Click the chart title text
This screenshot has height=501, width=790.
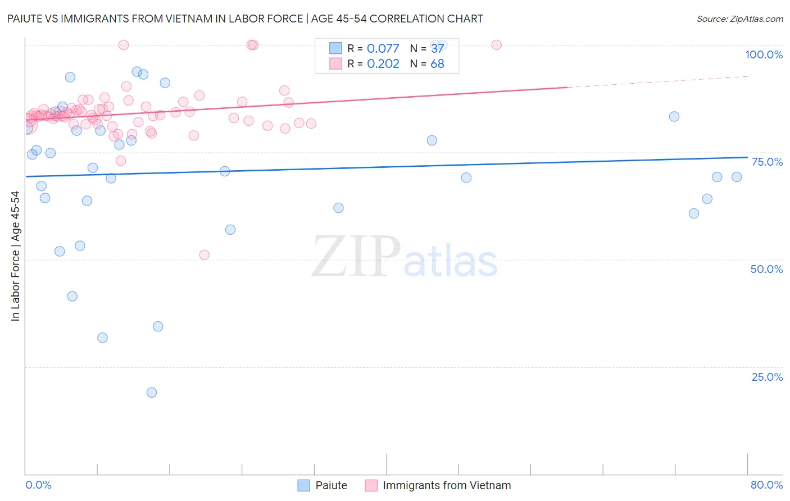[245, 19]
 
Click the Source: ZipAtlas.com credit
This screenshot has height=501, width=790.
[739, 19]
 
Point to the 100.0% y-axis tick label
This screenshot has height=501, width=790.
[764, 54]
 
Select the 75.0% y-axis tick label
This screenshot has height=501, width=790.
[767, 162]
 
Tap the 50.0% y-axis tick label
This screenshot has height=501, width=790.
[766, 269]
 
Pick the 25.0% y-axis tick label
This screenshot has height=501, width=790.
[767, 377]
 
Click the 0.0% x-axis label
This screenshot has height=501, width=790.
[38, 485]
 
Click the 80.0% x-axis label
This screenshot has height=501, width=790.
[766, 485]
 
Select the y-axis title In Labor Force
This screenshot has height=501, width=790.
[15, 256]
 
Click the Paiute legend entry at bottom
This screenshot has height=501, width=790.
[330, 485]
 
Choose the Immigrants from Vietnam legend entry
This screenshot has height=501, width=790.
[447, 485]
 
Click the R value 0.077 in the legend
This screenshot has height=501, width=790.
[383, 48]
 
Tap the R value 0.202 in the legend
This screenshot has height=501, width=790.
[383, 64]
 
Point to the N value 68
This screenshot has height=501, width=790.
[437, 64]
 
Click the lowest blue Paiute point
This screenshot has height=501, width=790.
[152, 393]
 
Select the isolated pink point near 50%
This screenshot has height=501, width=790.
[205, 255]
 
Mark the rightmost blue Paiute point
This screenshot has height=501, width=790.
[737, 177]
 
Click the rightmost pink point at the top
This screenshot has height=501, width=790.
[497, 45]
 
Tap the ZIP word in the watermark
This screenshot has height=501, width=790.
[356, 257]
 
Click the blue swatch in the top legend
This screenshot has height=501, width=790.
[335, 48]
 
